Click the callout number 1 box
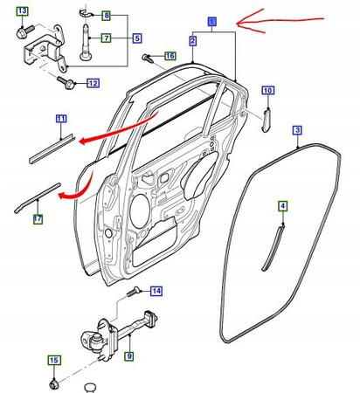(212, 22)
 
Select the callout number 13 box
(23, 11)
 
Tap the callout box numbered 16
(170, 56)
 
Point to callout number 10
(268, 90)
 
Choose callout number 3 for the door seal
(297, 130)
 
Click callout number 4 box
(283, 206)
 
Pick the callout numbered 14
(156, 291)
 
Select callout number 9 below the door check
(129, 355)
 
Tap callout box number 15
(54, 361)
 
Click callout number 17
(38, 219)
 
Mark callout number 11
(61, 119)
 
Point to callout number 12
(93, 83)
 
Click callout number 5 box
(137, 38)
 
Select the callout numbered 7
(107, 38)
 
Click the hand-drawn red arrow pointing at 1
(280, 20)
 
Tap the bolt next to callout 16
(148, 58)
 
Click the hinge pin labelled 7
(85, 43)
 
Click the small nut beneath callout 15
(53, 384)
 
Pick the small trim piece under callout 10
(267, 120)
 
